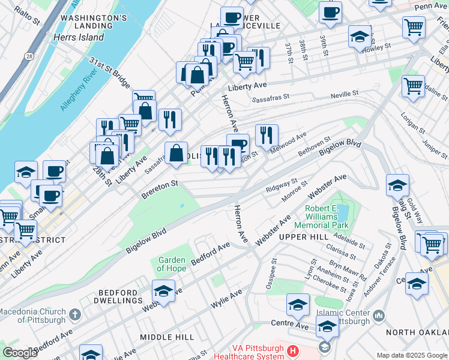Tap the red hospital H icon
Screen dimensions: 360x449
coord(292,350)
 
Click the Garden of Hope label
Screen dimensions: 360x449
coord(171,264)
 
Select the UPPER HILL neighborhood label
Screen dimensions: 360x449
coord(304,238)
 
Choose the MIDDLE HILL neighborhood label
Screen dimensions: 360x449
coord(164,337)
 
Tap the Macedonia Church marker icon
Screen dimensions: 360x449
coord(74,314)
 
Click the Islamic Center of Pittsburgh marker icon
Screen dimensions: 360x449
coord(378,316)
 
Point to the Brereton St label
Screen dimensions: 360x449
coord(160,189)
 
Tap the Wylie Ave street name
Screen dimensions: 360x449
coord(226,298)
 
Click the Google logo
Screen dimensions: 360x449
coord(20,353)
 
